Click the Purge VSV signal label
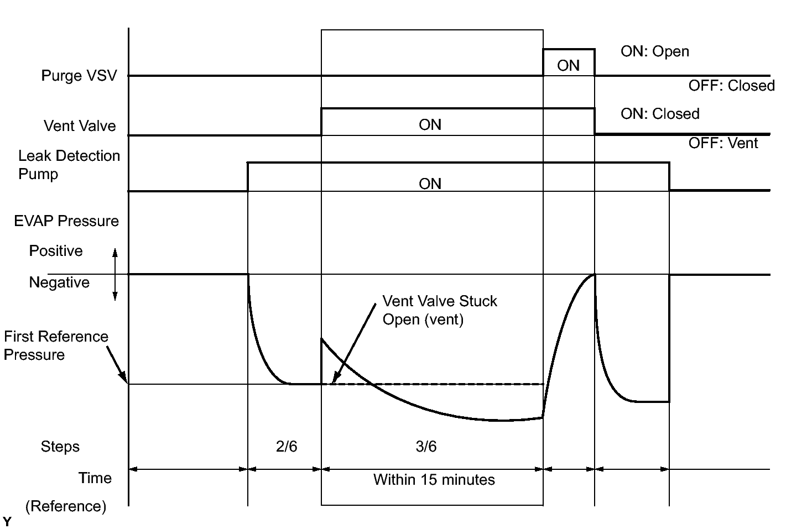coord(79,76)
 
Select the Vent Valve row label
coord(80,126)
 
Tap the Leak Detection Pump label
coord(69,165)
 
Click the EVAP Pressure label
coord(66,221)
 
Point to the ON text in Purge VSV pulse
coord(568,66)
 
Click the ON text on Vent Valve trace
coord(430,125)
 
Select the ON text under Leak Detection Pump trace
coord(430,184)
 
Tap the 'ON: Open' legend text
coord(655,51)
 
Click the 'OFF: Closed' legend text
coord(731,86)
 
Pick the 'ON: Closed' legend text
coord(660,114)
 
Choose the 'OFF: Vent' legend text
coord(723,143)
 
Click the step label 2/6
coord(287,446)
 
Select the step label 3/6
coord(426,446)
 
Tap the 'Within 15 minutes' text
coord(434,479)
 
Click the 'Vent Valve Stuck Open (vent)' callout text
coord(440,310)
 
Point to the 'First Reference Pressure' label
coord(55,345)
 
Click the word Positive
coord(56,251)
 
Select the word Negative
coord(59,282)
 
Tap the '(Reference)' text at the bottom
coord(66,506)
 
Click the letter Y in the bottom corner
coord(7,521)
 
